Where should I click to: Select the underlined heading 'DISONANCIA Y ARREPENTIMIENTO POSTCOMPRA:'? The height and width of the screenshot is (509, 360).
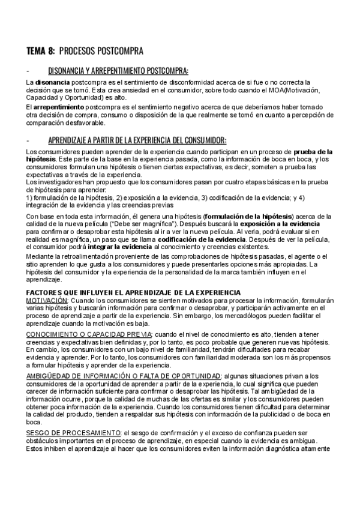click(118, 70)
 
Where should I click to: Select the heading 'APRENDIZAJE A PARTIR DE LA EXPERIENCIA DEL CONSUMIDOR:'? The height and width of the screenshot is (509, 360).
click(137, 140)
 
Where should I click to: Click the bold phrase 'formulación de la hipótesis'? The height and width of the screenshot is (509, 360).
click(248, 215)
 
